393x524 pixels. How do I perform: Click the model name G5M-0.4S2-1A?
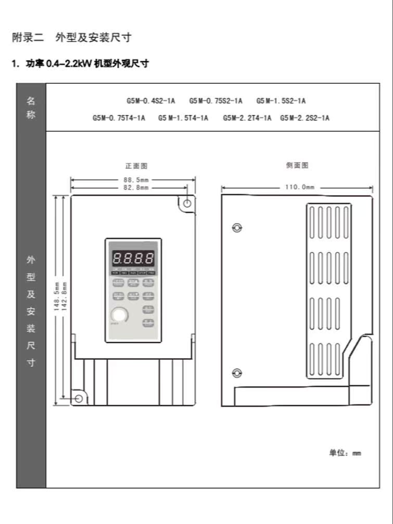point(150,101)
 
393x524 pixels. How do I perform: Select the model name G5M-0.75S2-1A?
point(215,101)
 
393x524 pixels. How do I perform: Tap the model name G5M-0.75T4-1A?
point(119,118)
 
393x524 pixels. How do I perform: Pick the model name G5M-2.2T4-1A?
point(247,118)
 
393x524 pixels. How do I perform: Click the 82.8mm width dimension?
point(133,187)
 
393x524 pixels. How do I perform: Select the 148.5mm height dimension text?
point(57,296)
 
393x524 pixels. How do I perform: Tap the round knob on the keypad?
point(119,315)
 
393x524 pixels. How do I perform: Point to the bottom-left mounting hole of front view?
point(79,398)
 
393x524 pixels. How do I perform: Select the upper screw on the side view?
point(237,228)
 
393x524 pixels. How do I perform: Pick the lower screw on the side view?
point(237,372)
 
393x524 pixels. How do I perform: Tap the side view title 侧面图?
point(297,166)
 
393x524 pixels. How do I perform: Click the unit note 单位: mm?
point(345,453)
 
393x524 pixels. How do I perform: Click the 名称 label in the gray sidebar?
point(31,108)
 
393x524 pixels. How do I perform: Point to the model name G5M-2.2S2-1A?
point(305,118)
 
